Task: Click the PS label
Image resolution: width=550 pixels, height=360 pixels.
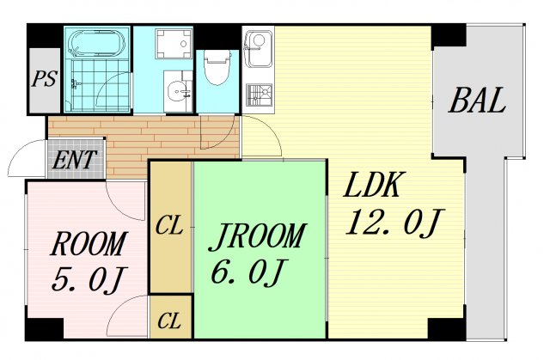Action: (44, 78)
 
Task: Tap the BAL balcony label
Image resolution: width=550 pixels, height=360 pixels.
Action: (477, 101)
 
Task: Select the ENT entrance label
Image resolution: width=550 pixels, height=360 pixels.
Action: (74, 160)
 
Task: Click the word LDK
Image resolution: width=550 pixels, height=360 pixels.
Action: (372, 184)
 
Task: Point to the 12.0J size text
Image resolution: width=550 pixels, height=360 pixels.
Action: (395, 222)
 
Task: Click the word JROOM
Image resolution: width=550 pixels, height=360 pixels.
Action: (257, 236)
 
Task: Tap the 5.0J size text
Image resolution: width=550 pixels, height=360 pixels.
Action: (88, 279)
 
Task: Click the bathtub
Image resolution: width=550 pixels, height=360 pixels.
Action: (97, 44)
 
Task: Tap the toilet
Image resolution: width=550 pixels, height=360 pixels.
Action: (217, 67)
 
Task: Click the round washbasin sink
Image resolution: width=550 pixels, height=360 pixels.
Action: (178, 92)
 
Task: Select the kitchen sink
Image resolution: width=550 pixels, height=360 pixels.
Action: (258, 48)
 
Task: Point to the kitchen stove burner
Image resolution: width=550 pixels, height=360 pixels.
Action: (260, 95)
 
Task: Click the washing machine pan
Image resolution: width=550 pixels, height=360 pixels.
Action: (174, 44)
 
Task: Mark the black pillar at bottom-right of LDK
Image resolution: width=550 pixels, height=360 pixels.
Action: (446, 328)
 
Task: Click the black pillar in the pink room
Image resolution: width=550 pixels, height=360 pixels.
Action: (45, 328)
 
